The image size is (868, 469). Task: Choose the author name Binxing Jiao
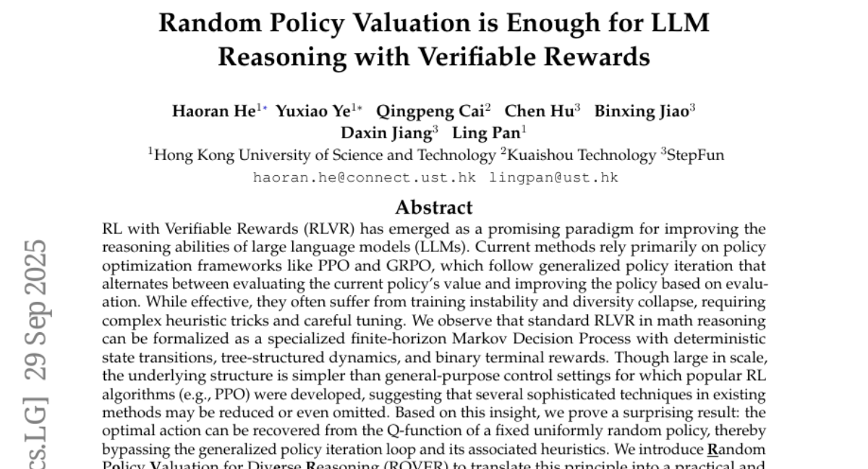coord(641,111)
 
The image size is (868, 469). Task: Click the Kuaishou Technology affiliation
coord(571,155)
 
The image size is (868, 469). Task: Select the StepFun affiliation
coord(695,155)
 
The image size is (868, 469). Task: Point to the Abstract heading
coord(434,208)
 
